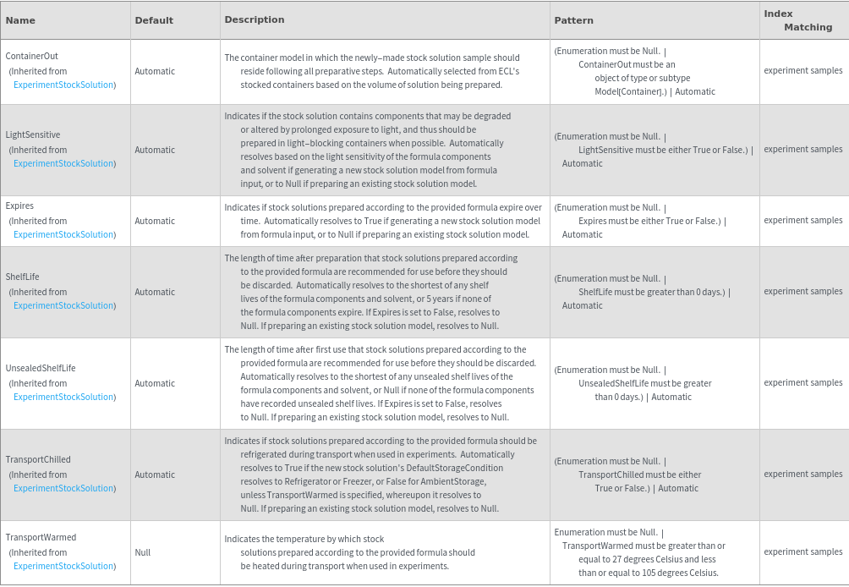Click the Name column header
tap(20, 20)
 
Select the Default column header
tap(154, 20)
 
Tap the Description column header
tap(254, 19)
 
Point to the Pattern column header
tap(573, 20)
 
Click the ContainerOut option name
tap(32, 56)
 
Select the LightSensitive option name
tap(33, 134)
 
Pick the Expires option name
tap(19, 206)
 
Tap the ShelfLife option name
tap(23, 277)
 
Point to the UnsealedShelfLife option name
tap(41, 368)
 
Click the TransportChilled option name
tap(38, 459)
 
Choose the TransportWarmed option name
tap(41, 537)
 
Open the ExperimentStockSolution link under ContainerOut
tap(63, 85)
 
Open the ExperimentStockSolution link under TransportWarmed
tap(63, 566)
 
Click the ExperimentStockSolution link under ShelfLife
tap(63, 305)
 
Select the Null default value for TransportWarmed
tap(143, 552)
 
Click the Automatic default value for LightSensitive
tap(155, 150)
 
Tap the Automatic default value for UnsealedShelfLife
tap(155, 383)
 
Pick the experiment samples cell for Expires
tap(803, 220)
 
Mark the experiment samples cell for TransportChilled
tap(803, 474)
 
